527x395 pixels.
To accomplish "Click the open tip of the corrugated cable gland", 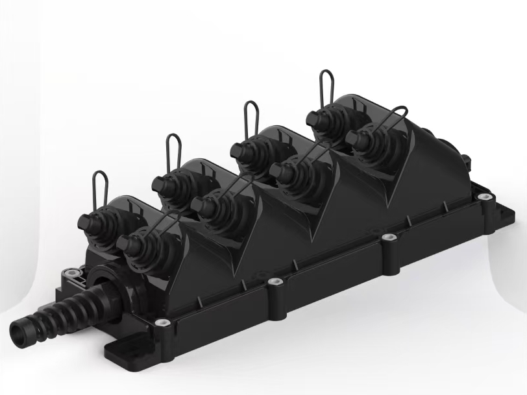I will coord(19,335).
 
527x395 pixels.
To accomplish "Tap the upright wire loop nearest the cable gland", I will coord(100,189).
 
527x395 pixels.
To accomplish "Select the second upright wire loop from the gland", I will coord(173,152).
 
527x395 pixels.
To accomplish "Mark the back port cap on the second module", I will coord(162,184).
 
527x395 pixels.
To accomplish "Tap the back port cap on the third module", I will coord(240,149).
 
